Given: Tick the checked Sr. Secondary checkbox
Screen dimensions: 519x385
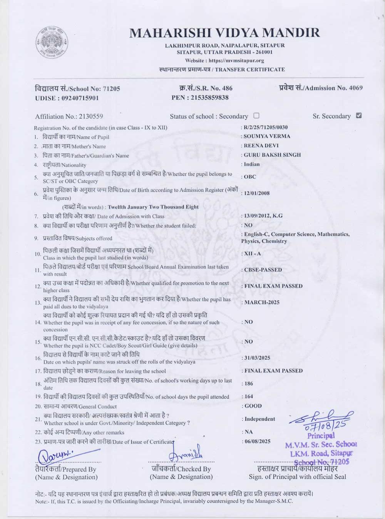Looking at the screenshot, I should coord(359,115).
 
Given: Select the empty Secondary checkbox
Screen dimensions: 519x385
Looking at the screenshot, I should coord(256,115).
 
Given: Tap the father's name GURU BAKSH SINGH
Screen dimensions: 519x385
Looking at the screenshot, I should coord(272,155).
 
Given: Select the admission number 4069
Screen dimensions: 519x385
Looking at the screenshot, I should coord(355,88).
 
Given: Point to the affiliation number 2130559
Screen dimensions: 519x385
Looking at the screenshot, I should coord(90,116).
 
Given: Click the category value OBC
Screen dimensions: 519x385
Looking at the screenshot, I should coord(250,177).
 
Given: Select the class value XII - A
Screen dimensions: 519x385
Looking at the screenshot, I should coord(253,254).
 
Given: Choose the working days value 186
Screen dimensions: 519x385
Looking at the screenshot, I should coord(249,384).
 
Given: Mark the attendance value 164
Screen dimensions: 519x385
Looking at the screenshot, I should coord(249,396).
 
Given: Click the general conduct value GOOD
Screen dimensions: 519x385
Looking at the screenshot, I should coord(253,406).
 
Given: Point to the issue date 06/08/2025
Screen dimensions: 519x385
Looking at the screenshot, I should coord(258,441).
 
